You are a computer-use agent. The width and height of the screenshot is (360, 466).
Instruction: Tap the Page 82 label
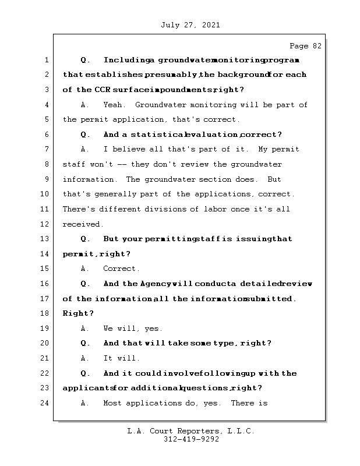305,46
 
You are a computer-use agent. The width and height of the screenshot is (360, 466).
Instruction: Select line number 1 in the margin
46,60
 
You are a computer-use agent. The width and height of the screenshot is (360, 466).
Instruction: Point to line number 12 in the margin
44,224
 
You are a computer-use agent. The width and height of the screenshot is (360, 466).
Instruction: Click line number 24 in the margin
44,403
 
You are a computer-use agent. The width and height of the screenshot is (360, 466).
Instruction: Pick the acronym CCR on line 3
102,90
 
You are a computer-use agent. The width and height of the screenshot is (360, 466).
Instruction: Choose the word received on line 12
83,224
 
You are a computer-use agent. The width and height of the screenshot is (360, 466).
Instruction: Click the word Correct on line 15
121,269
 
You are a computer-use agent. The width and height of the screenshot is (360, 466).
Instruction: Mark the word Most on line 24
113,403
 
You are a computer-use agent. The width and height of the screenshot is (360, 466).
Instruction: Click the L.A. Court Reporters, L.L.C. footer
190,431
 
